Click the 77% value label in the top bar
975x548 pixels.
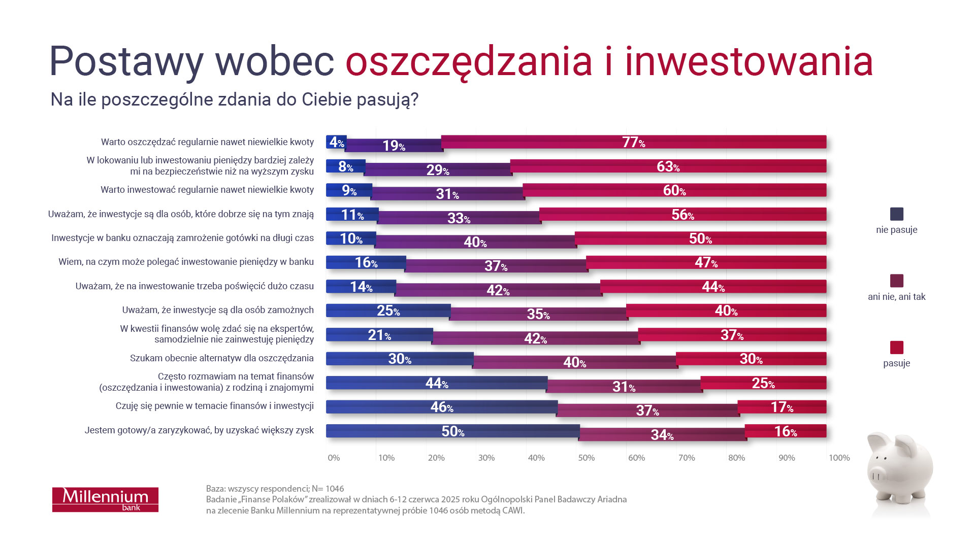(x=633, y=142)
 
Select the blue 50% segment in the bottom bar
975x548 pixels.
(x=452, y=431)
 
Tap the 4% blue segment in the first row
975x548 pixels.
(x=336, y=142)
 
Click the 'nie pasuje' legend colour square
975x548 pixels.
(x=896, y=214)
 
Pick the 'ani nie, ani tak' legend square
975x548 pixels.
(x=896, y=281)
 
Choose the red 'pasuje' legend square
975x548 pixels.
(x=896, y=348)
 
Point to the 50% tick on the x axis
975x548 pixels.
(x=586, y=458)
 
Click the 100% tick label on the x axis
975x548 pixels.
(x=839, y=458)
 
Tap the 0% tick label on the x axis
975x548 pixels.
(x=334, y=458)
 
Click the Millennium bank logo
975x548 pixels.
(x=105, y=499)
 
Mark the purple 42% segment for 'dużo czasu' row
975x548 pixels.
(x=498, y=290)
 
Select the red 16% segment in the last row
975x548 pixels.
(x=785, y=431)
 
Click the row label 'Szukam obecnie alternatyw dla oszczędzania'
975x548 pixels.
(x=221, y=358)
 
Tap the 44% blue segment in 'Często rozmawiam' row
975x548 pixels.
(x=436, y=383)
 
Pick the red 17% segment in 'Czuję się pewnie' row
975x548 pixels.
(x=782, y=407)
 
